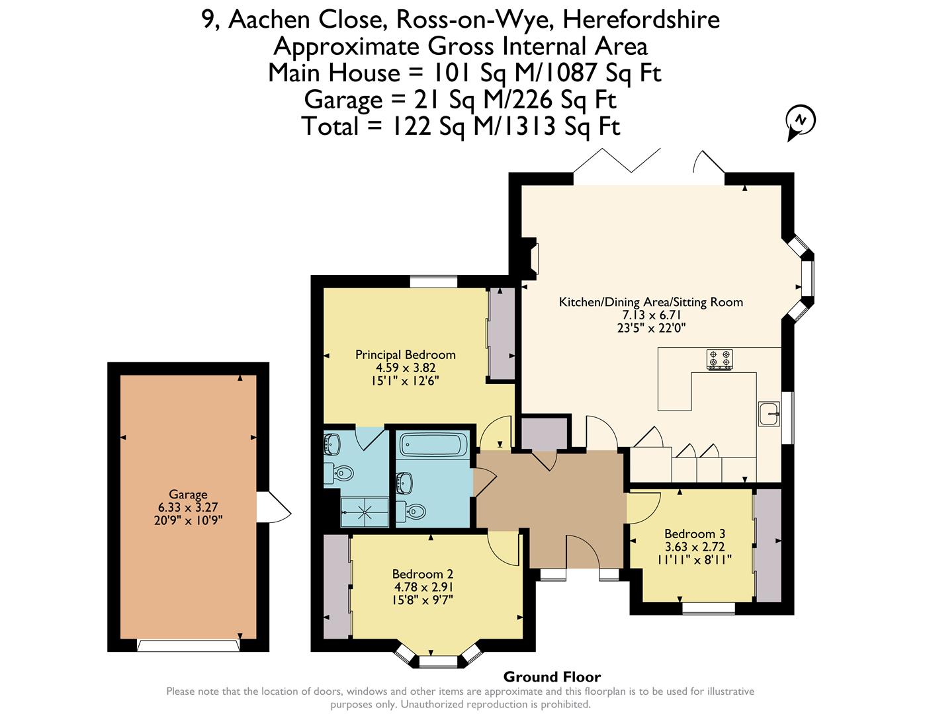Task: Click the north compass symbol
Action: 800,122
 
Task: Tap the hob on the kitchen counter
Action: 719,359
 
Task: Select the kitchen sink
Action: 769,413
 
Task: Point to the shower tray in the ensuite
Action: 365,512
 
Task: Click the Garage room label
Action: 188,494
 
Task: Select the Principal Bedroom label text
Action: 405,354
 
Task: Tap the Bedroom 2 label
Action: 423,574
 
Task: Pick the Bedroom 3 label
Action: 695,534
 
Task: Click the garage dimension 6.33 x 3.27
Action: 188,507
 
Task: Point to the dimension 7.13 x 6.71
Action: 652,315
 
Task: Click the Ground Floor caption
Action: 552,676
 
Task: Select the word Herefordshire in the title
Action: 642,20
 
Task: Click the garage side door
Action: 274,506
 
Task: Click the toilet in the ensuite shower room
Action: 339,473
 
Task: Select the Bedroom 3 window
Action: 709,608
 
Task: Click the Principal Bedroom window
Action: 434,282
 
